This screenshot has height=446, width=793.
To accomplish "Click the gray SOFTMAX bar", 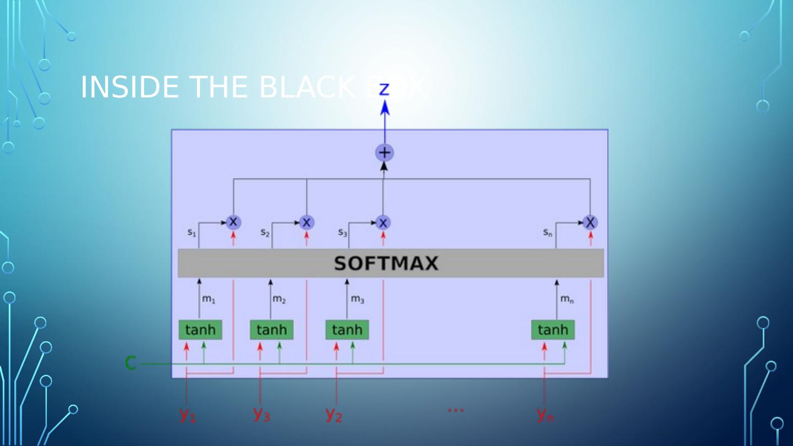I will (390, 263).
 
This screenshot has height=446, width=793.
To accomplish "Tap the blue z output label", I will (384, 89).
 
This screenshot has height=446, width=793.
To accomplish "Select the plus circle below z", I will (384, 153).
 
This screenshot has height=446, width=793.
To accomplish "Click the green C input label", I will (131, 363).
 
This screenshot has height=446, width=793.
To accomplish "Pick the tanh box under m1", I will (200, 330).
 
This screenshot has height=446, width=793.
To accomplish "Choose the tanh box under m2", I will (271, 330).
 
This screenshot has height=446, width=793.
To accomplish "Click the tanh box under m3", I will (347, 330).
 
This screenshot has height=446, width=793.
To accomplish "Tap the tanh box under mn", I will (552, 330).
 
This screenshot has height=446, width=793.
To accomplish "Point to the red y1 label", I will (187, 414).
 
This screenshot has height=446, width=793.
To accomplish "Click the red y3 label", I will (262, 413).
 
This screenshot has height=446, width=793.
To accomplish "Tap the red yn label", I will (545, 414).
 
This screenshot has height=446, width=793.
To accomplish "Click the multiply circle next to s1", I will (233, 222).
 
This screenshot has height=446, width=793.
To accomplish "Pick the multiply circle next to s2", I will (307, 222).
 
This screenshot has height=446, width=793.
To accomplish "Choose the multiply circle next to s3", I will (383, 222).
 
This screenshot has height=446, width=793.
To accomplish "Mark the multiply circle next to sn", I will (590, 222).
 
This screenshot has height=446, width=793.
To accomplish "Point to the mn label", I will (567, 300).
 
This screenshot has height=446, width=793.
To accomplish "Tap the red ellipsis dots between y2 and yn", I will (455, 410).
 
